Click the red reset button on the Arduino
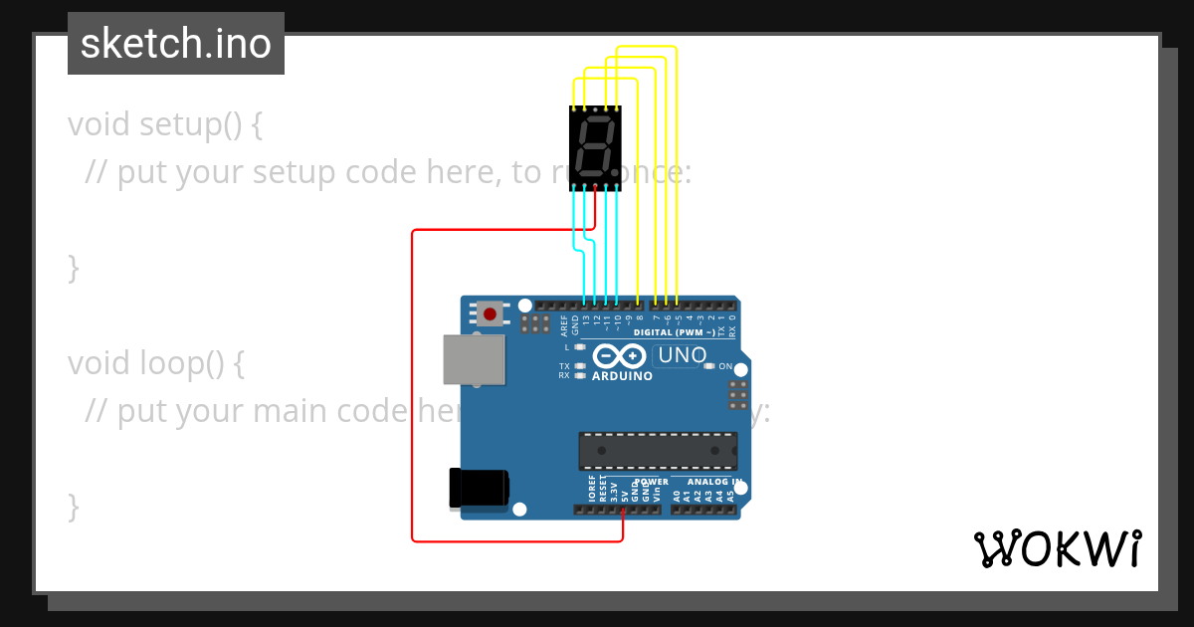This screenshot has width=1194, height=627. [x=490, y=314]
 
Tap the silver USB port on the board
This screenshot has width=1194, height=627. [x=473, y=359]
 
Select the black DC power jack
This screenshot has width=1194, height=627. [x=479, y=488]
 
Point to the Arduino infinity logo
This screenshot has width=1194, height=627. [x=619, y=356]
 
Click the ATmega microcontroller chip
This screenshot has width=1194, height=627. [x=658, y=450]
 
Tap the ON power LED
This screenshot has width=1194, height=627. [x=708, y=366]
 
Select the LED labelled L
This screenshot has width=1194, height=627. [x=580, y=347]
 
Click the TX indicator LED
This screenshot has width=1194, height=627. [x=580, y=366]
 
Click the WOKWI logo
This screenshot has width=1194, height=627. [x=1057, y=548]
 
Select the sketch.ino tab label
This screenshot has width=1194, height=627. [x=176, y=44]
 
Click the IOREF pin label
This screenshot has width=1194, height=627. [x=591, y=488]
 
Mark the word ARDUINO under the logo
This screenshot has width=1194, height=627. [x=622, y=376]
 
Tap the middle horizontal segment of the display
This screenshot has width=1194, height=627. [x=595, y=146]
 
